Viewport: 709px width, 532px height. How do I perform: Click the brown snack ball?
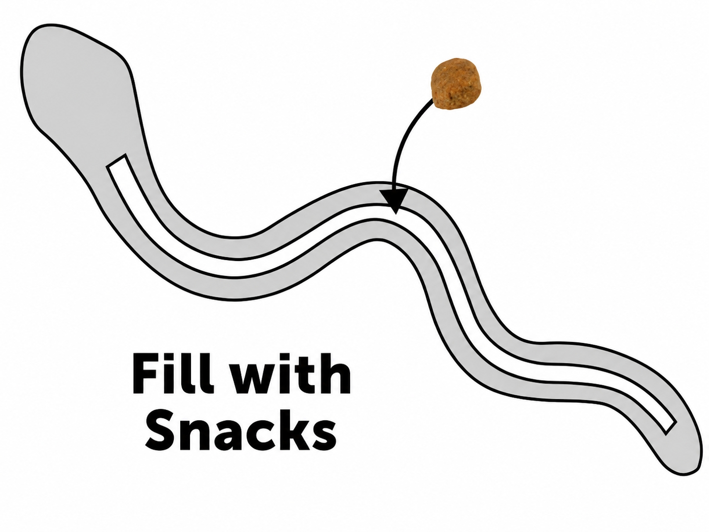coord(455,84)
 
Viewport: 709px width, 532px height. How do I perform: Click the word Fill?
coord(173,373)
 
